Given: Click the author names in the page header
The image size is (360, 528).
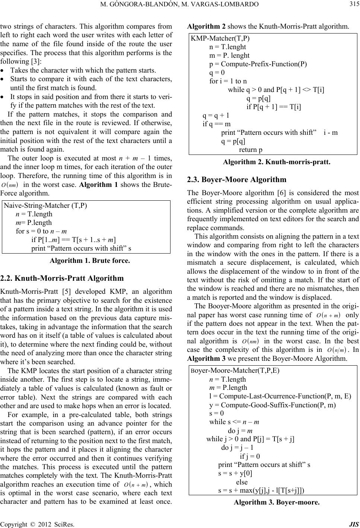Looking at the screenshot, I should point(180,4).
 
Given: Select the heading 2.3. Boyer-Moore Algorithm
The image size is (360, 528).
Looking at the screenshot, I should point(237,179).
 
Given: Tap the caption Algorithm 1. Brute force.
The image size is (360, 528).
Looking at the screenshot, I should point(90,261).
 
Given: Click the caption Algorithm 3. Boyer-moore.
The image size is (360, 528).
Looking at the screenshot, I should point(276,502).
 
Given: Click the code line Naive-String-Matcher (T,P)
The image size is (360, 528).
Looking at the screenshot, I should point(45,206).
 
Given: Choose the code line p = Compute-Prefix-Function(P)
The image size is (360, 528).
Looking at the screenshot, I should point(258,64).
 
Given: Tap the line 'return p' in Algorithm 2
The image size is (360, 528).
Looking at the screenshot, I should point(250,150).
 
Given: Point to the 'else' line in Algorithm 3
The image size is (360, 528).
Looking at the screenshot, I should point(239,482).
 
